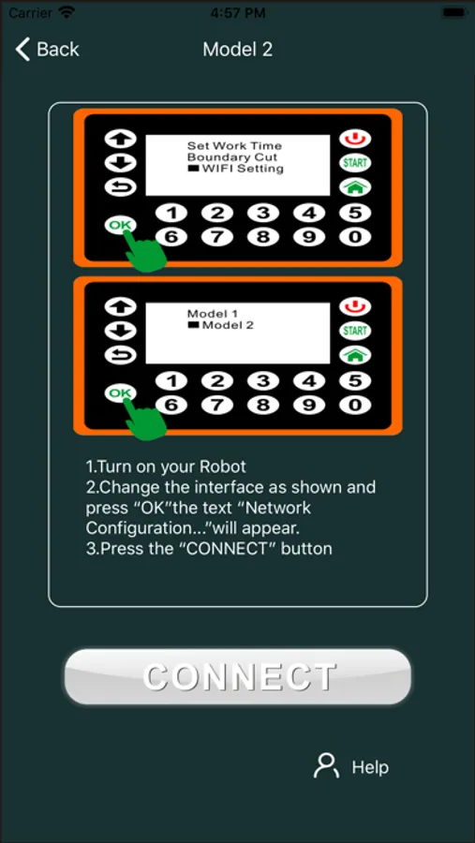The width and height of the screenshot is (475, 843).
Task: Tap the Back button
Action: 48,50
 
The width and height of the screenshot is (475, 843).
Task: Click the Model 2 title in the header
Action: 237,50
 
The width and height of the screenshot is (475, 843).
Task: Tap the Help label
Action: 370,767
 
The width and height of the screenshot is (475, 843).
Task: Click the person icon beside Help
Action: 326,765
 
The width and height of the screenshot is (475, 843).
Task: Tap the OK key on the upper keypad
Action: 121,225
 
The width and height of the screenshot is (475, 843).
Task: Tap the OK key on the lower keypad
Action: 121,393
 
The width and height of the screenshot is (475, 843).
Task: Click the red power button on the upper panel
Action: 355,139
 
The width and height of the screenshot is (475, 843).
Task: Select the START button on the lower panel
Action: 355,331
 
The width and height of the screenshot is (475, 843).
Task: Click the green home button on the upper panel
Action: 355,186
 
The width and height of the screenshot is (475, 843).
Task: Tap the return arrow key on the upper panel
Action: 121,186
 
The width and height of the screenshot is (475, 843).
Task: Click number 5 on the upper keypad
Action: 355,214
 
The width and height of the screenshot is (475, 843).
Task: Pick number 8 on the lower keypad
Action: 263,405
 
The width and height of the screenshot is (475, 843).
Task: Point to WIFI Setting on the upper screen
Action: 243,169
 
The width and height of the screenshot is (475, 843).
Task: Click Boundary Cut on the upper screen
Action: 232,157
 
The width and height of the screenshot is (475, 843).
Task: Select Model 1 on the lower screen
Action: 213,314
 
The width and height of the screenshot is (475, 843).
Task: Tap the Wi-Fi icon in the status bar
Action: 67,12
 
